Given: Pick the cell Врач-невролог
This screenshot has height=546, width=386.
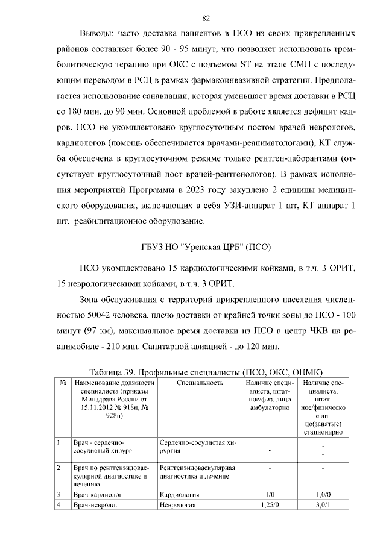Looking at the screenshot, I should pos(93,505).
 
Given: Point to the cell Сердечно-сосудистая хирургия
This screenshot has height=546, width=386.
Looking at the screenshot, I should pos(197,447).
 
